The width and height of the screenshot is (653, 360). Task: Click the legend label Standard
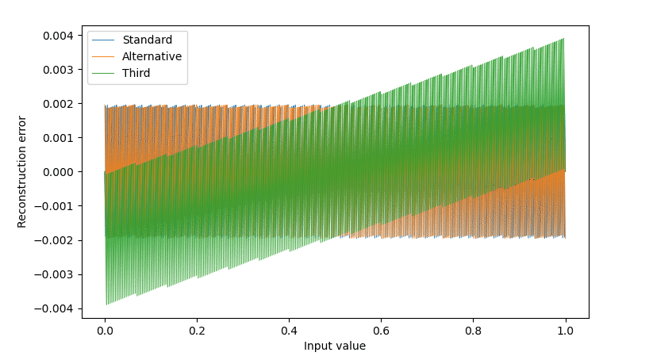(x=147, y=40)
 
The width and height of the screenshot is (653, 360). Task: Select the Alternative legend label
(x=152, y=56)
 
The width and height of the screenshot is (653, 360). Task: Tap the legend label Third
(x=136, y=73)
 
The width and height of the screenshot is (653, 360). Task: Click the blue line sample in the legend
(x=103, y=40)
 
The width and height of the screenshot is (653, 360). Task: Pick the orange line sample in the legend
(x=103, y=56)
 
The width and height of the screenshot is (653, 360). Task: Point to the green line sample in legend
(x=103, y=73)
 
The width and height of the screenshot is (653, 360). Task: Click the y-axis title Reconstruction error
(x=21, y=172)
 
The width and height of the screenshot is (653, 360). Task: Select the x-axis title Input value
(x=334, y=346)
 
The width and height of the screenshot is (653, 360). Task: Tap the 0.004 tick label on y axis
(x=58, y=36)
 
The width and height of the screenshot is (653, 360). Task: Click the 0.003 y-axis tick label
(x=58, y=70)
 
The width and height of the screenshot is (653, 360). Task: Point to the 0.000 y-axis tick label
(x=58, y=172)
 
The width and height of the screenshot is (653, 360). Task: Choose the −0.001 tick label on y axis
(x=54, y=206)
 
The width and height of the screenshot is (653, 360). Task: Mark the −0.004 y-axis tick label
(x=54, y=308)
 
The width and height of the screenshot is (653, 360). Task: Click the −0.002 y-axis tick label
(x=54, y=240)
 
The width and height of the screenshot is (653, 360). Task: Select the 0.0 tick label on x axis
(x=105, y=331)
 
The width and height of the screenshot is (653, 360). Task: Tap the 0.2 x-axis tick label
(x=197, y=331)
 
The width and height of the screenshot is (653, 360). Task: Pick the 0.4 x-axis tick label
(x=289, y=331)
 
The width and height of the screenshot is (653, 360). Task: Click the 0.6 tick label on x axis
(x=381, y=331)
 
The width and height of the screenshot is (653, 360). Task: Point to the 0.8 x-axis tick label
(x=473, y=331)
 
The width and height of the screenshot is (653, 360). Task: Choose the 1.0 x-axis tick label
(x=565, y=331)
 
